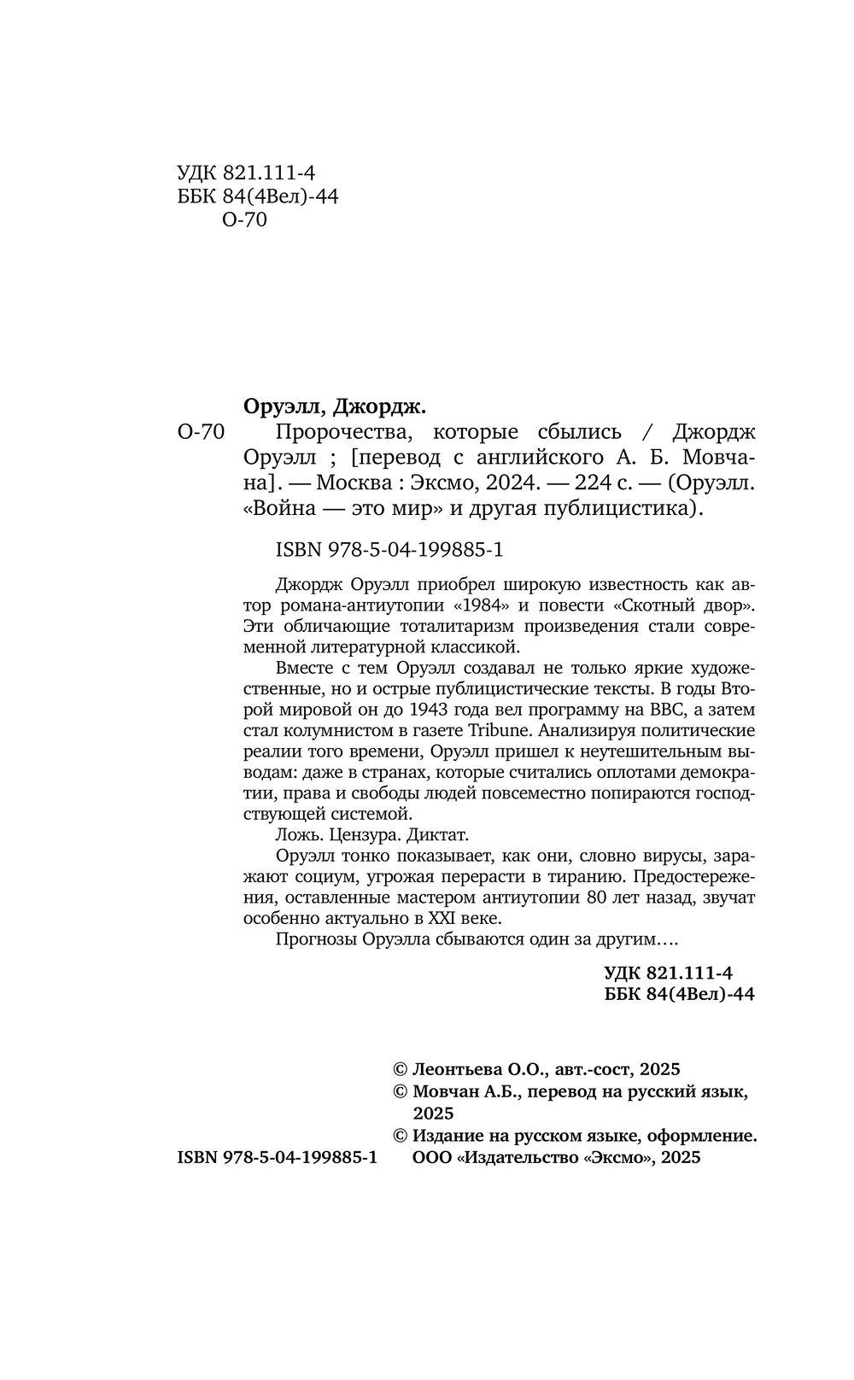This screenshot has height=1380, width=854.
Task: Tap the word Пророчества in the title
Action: click(x=333, y=431)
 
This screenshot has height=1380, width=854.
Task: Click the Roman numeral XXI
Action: click(x=435, y=918)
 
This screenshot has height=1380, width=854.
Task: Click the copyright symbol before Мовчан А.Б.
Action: click(x=399, y=1091)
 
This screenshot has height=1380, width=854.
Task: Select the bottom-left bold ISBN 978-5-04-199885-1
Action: click(x=277, y=1158)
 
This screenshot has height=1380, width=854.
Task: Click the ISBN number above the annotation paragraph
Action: click(x=389, y=551)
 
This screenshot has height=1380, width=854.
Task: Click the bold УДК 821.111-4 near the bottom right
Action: click(x=668, y=973)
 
